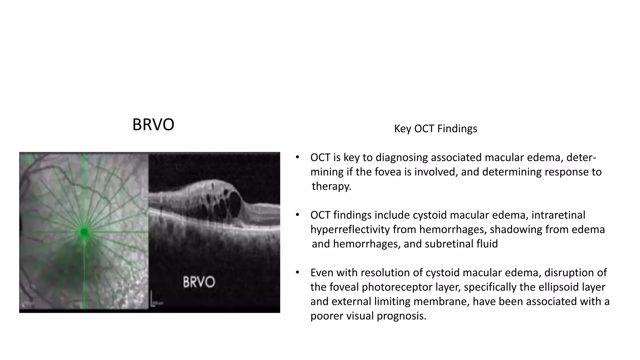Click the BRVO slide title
[153, 125]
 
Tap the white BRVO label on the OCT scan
[199, 282]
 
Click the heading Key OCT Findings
[435, 128]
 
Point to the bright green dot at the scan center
[84, 232]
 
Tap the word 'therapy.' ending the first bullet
[332, 186]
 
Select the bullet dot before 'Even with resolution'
[297, 272]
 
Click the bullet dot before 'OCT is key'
[297, 157]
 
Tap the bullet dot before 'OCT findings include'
[297, 215]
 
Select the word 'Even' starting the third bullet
[322, 272]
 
